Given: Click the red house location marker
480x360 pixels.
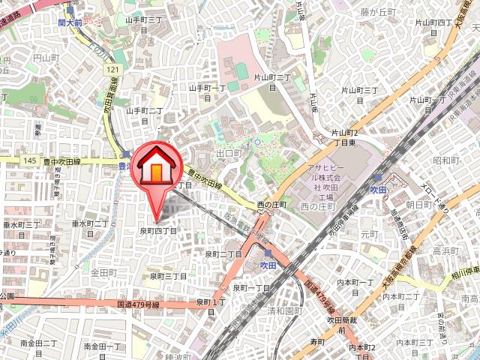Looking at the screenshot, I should (x=154, y=168).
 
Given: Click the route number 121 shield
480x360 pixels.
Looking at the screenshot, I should (x=112, y=70).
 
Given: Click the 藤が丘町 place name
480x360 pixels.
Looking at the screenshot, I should (x=376, y=11).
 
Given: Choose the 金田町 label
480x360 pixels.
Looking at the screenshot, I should (x=103, y=272).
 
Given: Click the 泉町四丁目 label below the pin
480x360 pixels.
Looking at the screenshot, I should (x=157, y=231).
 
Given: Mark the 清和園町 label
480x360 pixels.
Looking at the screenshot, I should (x=285, y=310).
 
